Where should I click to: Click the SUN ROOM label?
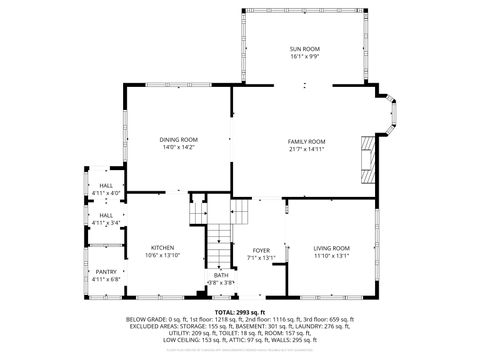pos(304,49)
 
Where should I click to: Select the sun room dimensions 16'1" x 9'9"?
pos(304,57)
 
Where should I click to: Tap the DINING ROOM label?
pos(179,139)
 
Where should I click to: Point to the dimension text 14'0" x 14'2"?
pos(179,147)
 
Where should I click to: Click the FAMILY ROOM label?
pos(307,142)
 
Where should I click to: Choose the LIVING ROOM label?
pos(331,248)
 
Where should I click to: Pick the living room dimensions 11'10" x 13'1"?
pos(331,256)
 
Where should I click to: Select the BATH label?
pos(220,275)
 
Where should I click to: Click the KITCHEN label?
pos(163,248)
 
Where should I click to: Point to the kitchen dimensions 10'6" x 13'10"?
pos(163,256)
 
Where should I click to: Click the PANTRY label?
pos(106,272)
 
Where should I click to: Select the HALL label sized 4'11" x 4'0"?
pos(106,185)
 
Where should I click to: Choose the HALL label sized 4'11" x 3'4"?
pos(106,215)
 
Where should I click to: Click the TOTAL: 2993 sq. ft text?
pos(240,312)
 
